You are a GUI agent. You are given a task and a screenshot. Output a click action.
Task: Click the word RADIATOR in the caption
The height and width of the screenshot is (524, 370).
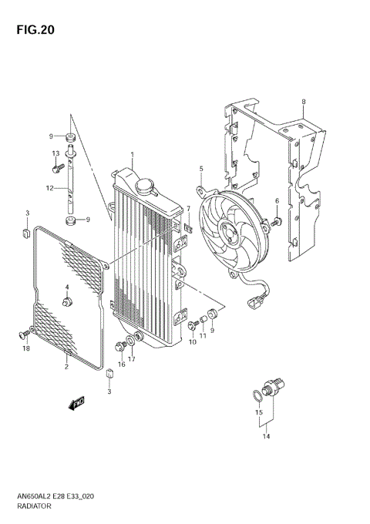(x=35, y=508)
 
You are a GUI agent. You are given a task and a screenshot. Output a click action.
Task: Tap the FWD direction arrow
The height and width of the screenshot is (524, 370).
(x=76, y=402)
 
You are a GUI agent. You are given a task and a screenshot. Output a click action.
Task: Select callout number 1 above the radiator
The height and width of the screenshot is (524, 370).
(x=132, y=155)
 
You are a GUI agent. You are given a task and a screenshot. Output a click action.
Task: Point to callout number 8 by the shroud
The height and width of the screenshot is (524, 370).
(x=304, y=102)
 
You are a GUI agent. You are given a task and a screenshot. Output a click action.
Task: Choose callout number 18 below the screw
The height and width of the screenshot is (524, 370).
(x=25, y=349)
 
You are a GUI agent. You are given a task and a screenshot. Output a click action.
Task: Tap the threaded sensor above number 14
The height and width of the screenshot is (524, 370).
(x=274, y=385)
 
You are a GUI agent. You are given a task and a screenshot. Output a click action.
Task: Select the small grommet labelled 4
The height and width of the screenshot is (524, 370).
(x=68, y=301)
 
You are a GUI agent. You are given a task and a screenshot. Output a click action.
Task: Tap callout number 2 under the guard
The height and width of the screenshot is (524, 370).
(x=66, y=367)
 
